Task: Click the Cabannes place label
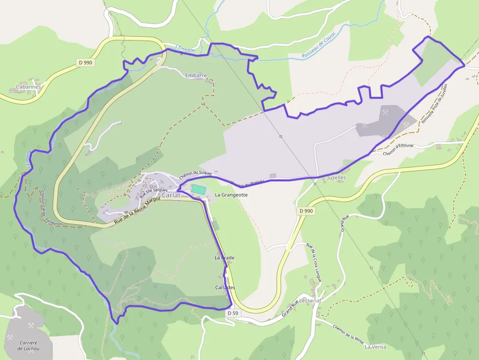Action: click(x=28, y=87)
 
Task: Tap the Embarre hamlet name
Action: click(x=196, y=76)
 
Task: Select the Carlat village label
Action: click(x=171, y=195)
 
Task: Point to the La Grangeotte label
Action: click(x=231, y=195)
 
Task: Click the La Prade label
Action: click(x=224, y=257)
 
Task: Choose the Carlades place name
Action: click(x=225, y=287)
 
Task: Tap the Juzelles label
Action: click(x=337, y=178)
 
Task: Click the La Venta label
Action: click(x=375, y=347)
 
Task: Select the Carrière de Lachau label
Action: click(x=28, y=345)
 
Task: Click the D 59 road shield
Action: click(x=233, y=313)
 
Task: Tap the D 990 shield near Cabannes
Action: click(x=85, y=63)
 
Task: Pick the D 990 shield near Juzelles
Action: click(x=306, y=211)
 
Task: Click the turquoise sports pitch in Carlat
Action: click(x=198, y=189)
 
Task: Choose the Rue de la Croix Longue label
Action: click(x=313, y=263)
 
